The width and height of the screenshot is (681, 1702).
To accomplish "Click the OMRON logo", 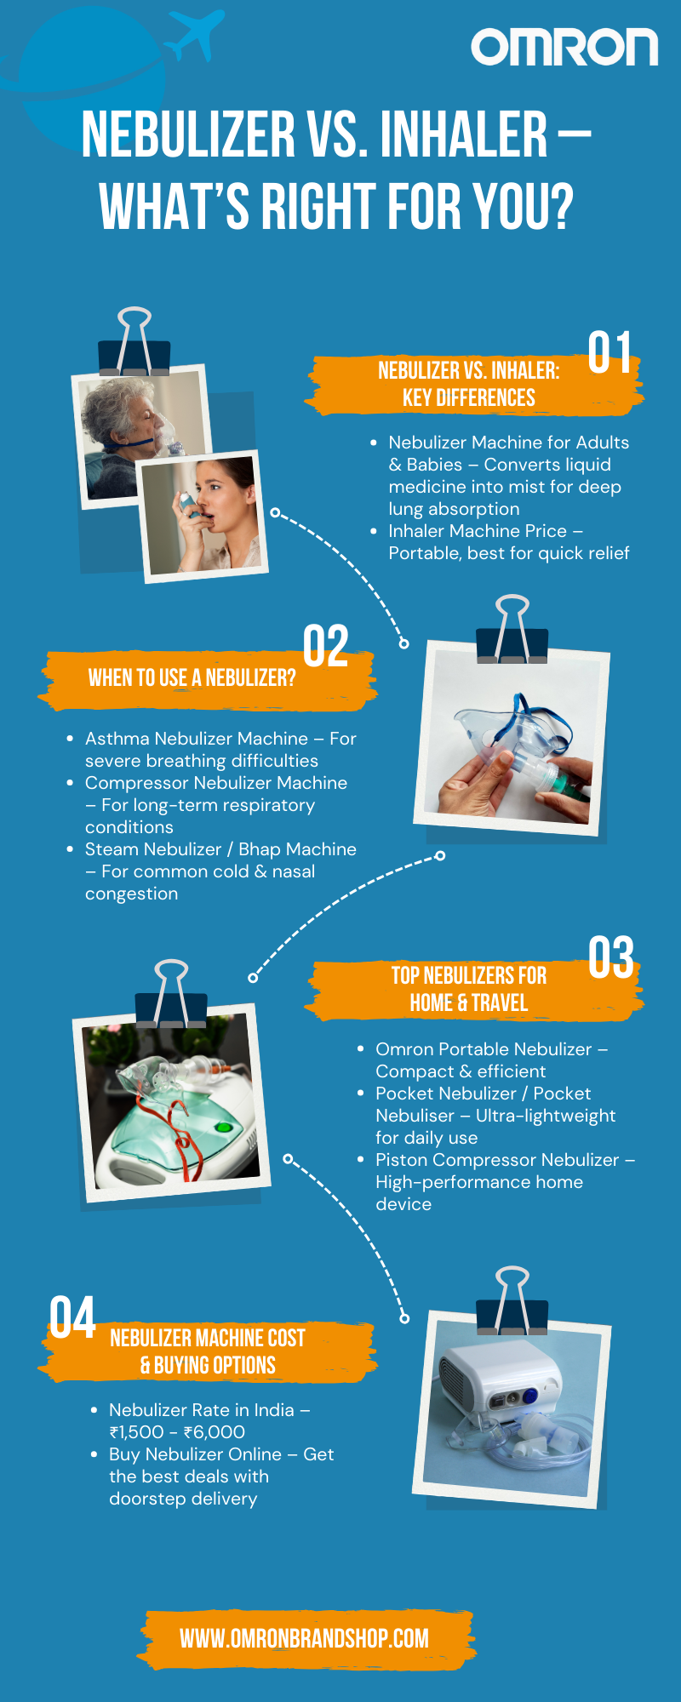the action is click(x=564, y=48).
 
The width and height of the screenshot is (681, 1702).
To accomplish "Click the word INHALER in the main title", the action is click(x=463, y=134).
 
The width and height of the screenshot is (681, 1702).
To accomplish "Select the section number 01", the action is click(x=609, y=352).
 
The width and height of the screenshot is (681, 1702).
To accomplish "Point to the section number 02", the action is click(x=325, y=646).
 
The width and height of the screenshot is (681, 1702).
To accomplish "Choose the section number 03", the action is click(x=611, y=957).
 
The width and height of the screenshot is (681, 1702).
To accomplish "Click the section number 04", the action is click(x=72, y=1317).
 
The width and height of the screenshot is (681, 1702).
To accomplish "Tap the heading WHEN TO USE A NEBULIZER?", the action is click(x=192, y=677).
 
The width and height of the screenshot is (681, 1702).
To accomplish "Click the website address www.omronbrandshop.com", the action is click(x=304, y=1638).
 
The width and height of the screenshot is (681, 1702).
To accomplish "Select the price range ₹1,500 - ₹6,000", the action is click(x=177, y=1432).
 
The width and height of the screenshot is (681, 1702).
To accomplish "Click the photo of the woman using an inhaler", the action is click(x=203, y=517).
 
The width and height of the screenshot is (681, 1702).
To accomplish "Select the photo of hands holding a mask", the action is click(x=512, y=738).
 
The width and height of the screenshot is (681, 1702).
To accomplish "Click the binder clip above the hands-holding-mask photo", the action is click(x=512, y=630).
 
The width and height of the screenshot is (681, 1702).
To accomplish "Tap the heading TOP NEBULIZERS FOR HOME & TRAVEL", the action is click(x=469, y=989).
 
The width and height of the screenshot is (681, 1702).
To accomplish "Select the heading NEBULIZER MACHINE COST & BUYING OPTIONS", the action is click(x=208, y=1351).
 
